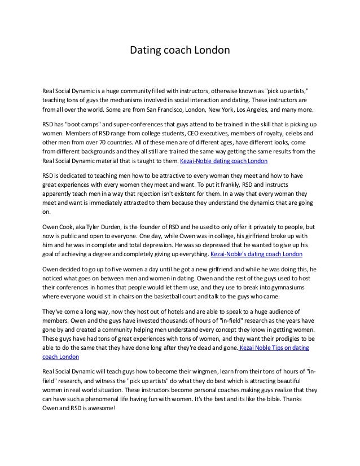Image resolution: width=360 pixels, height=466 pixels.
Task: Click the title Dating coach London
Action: click(x=180, y=50)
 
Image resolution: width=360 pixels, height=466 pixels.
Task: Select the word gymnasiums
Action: click(x=289, y=289)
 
